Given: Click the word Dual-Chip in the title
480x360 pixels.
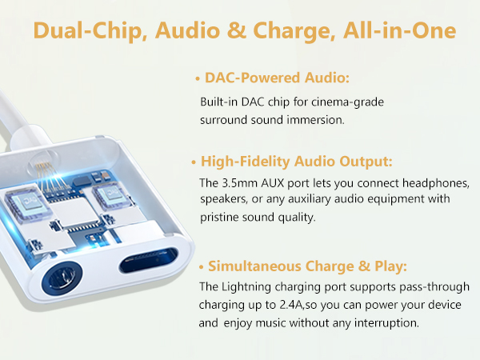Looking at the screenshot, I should [x=89, y=33].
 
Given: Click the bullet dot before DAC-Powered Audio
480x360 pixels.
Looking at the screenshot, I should [x=198, y=80].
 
